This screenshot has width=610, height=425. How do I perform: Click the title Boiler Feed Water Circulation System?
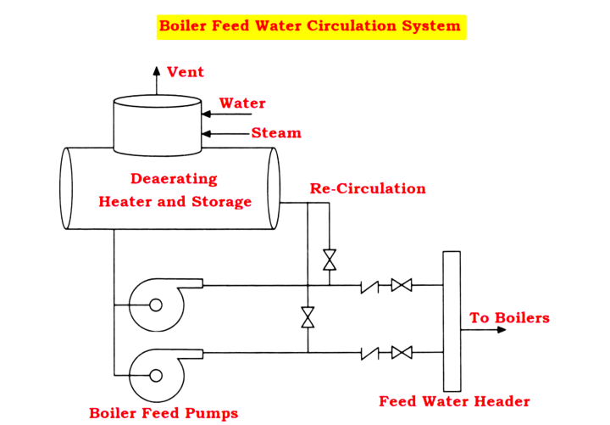(x=311, y=25)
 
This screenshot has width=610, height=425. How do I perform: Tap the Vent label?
(x=186, y=72)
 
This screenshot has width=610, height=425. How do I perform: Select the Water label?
(x=242, y=103)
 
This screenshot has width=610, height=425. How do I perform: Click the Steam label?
(x=276, y=133)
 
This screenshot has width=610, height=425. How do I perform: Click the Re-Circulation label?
(x=368, y=188)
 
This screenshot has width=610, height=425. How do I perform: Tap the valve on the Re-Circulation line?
(x=330, y=260)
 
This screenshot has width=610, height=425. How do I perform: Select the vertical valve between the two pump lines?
(x=308, y=318)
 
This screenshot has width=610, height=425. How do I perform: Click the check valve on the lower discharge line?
(x=369, y=351)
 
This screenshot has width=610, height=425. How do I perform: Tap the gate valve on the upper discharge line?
(x=402, y=285)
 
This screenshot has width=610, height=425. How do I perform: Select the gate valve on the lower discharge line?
(x=402, y=351)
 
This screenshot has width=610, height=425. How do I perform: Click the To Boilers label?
(x=510, y=318)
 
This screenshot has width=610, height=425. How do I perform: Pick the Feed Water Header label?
(x=454, y=401)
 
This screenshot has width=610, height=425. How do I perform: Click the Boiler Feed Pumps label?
(x=164, y=413)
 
